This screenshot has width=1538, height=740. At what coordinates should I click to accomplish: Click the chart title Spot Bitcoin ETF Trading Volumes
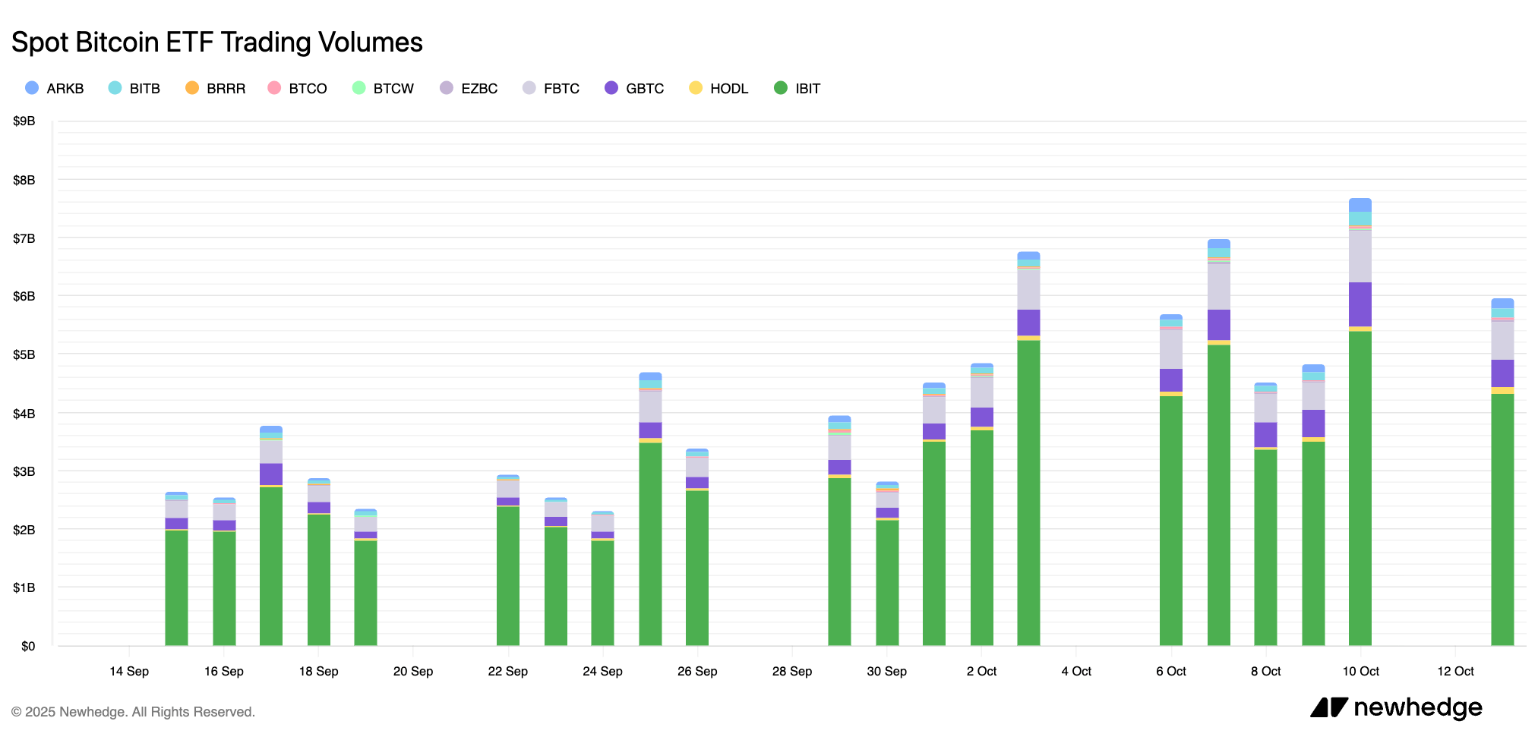[x=217, y=43]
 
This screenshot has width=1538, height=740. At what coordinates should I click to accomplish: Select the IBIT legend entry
[x=797, y=88]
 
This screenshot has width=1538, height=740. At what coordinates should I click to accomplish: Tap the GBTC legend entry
[x=635, y=88]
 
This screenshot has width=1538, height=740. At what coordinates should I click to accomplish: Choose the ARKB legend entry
[x=55, y=88]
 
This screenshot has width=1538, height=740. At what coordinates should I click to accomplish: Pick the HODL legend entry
[x=718, y=88]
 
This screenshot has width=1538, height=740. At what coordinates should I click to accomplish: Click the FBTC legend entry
[x=551, y=88]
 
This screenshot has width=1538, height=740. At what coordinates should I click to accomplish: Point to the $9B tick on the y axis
[x=24, y=121]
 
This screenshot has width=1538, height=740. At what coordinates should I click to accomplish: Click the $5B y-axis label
[x=24, y=354]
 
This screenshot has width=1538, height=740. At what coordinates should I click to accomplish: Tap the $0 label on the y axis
[x=27, y=646]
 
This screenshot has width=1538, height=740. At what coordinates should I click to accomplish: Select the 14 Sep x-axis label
[x=129, y=671]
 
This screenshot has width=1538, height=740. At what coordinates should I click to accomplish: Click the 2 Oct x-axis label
[x=981, y=671]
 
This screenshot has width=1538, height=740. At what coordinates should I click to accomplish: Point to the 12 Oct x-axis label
[x=1455, y=671]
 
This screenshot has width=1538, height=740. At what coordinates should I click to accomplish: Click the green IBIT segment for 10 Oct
[x=1360, y=486]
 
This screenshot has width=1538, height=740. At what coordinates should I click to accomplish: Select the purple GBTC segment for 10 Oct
[x=1360, y=304]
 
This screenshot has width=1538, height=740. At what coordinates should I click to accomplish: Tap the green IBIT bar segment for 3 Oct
[x=1028, y=493]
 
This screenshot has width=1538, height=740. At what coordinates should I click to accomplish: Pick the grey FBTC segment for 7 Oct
[x=1218, y=287]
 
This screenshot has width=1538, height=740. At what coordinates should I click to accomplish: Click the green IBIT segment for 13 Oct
[x=1502, y=520]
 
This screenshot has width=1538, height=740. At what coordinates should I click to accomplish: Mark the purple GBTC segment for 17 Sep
[x=271, y=474]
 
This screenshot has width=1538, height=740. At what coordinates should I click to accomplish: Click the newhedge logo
[x=1396, y=707]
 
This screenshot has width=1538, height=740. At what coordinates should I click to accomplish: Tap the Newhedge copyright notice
[x=133, y=712]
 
